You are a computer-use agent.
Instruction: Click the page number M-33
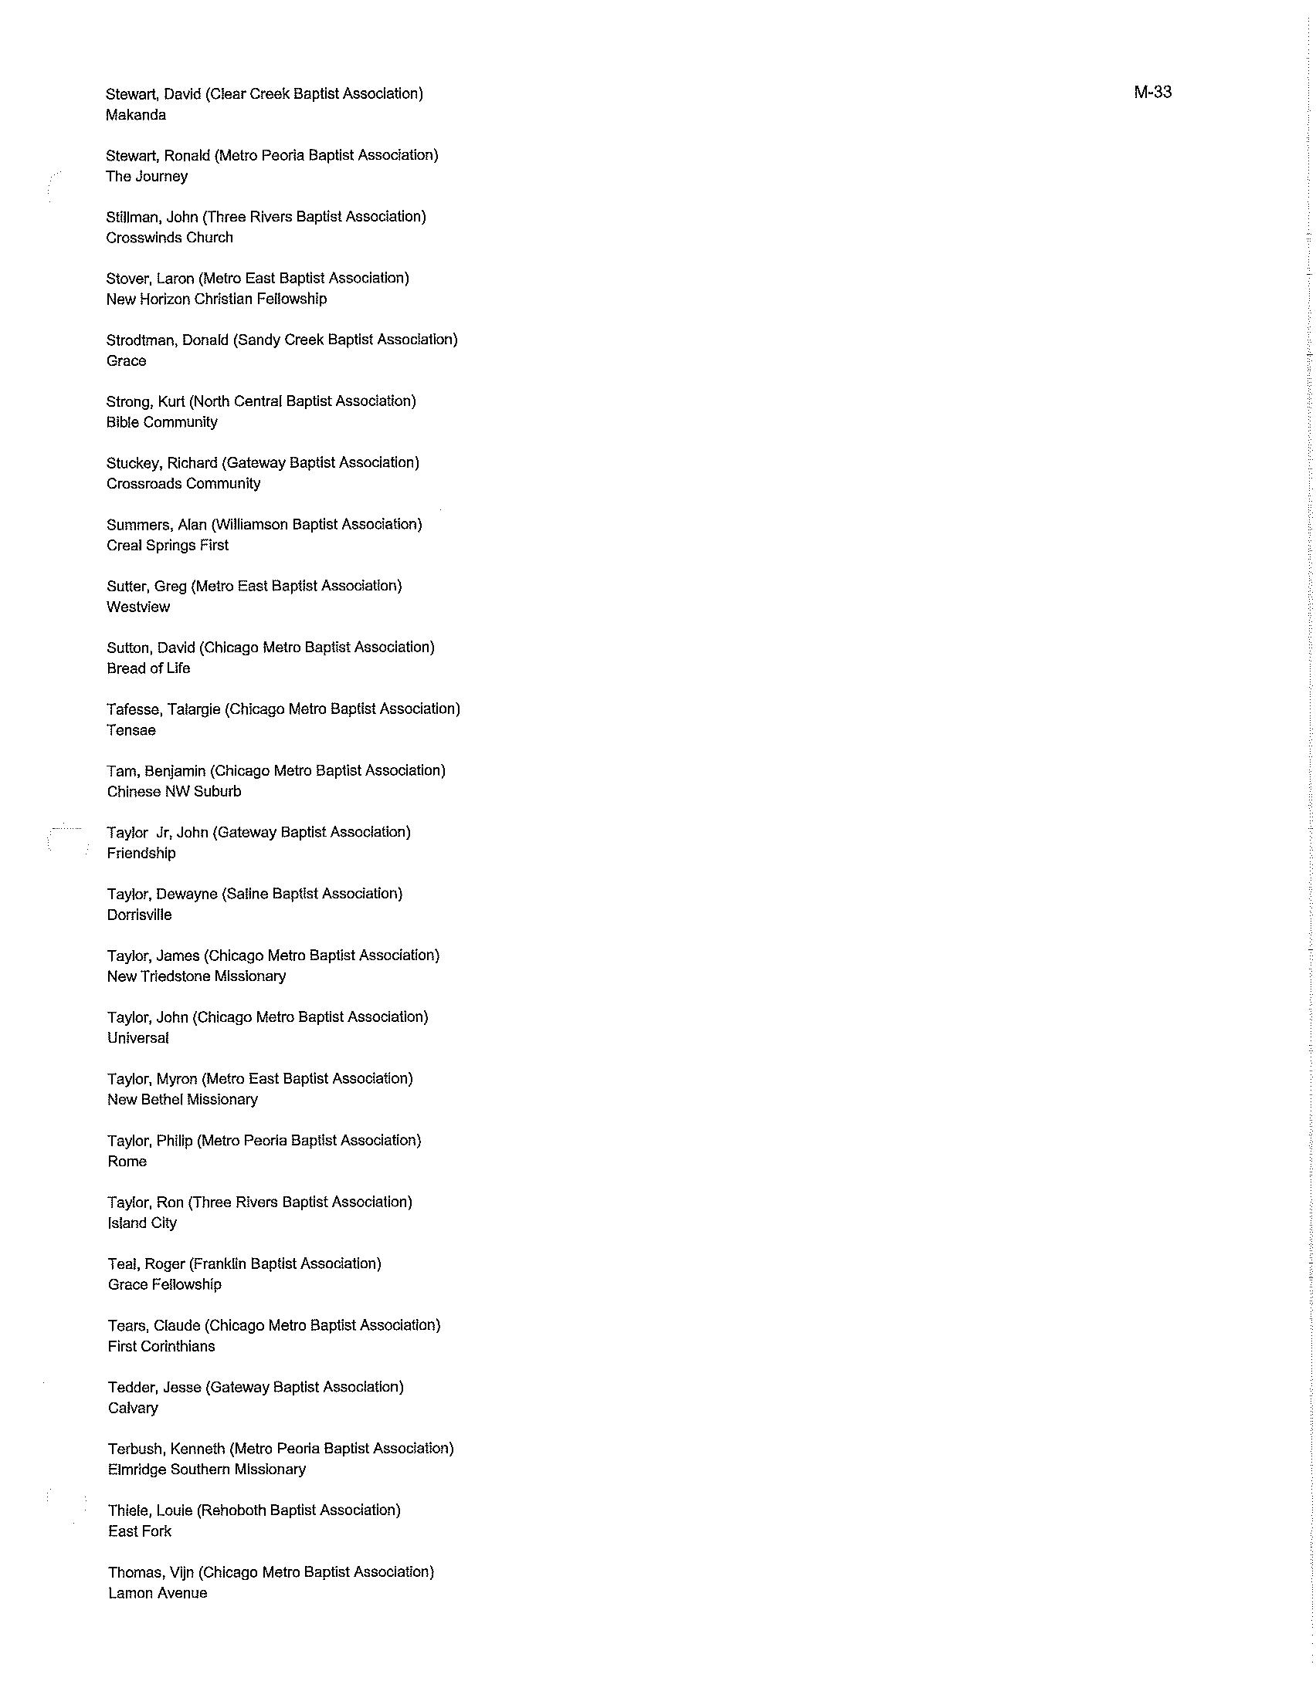point(1152,93)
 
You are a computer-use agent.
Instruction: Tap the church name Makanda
point(135,115)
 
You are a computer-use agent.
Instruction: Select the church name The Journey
point(146,177)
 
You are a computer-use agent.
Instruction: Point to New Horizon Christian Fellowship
point(216,299)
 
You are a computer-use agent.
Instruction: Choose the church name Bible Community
point(161,422)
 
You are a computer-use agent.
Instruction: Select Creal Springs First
point(168,546)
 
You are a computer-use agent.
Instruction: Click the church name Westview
point(137,607)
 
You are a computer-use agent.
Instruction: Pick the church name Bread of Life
point(148,668)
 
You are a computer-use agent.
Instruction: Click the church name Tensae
point(131,730)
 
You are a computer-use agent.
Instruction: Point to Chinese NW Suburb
point(174,791)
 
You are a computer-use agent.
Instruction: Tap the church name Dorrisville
point(139,915)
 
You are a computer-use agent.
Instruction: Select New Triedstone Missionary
point(196,976)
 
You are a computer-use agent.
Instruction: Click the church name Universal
point(137,1038)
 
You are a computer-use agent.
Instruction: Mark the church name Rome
point(127,1162)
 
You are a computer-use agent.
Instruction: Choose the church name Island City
point(141,1223)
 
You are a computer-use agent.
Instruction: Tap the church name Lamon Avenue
point(157,1593)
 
